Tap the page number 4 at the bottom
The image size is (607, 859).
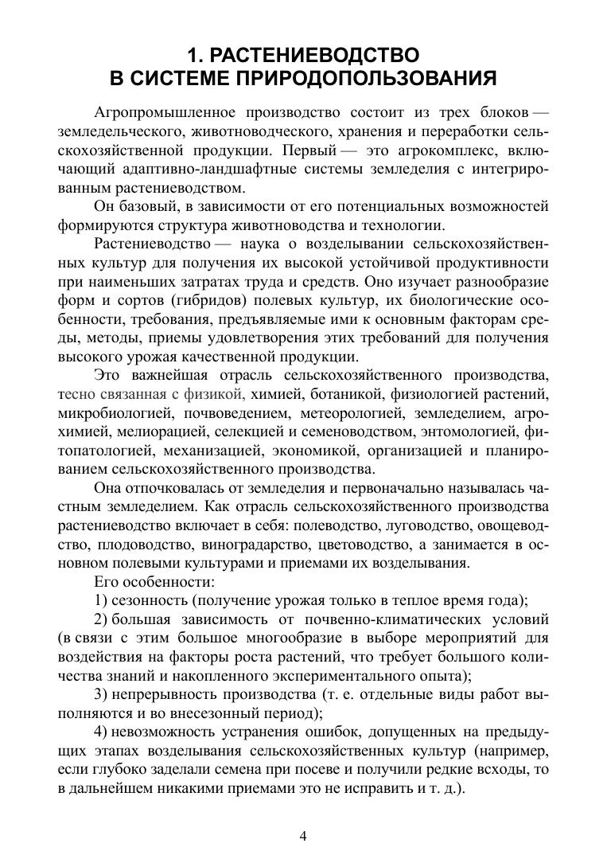303,835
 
